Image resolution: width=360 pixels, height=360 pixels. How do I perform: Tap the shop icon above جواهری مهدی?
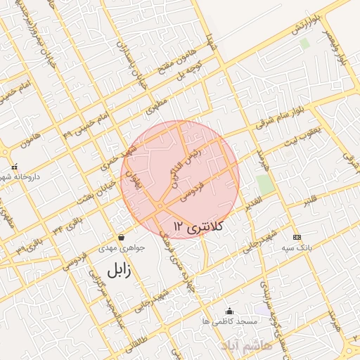pyautogui.click(x=122, y=237)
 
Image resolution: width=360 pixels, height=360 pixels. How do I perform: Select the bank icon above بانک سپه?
pyautogui.click(x=297, y=237)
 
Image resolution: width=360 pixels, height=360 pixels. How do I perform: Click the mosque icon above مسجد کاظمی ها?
pyautogui.click(x=229, y=311)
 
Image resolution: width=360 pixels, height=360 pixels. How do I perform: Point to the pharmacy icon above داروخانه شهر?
pyautogui.click(x=14, y=167)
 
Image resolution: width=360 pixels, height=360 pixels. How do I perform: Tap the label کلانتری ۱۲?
pyautogui.click(x=198, y=226)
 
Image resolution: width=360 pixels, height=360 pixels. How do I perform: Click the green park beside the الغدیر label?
pyautogui.click(x=265, y=185)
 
